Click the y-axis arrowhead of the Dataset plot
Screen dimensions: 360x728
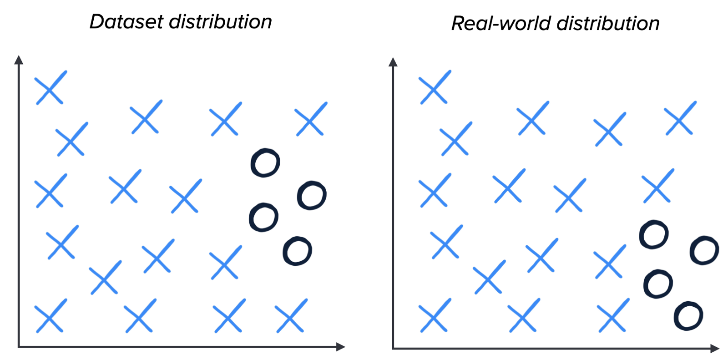tap(19, 60)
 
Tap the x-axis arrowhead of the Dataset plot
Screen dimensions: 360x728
tap(341, 347)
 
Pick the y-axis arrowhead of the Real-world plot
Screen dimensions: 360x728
tap(394, 62)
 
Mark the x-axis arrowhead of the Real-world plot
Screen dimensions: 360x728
tap(715, 349)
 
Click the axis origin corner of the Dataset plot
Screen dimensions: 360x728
tap(19, 347)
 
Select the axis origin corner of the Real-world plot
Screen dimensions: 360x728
tap(393, 349)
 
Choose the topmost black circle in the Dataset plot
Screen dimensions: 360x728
tap(265, 162)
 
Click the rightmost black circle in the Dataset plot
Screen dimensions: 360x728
tap(312, 196)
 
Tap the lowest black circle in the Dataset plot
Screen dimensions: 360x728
tap(297, 251)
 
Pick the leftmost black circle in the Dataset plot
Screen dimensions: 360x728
tap(263, 218)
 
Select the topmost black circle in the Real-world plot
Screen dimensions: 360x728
tap(654, 235)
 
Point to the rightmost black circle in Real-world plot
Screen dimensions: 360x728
tap(704, 250)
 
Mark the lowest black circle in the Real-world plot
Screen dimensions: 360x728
tap(688, 316)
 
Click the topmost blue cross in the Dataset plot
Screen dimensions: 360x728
tap(51, 88)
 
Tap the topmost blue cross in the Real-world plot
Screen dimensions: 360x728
tap(435, 87)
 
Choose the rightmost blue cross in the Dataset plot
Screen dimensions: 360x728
tap(311, 119)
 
